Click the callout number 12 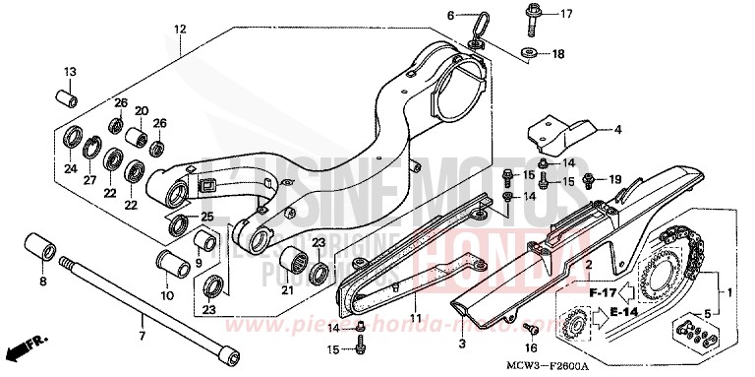tap(179, 31)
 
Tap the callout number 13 tap(70, 72)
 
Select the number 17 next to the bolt tap(566, 15)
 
